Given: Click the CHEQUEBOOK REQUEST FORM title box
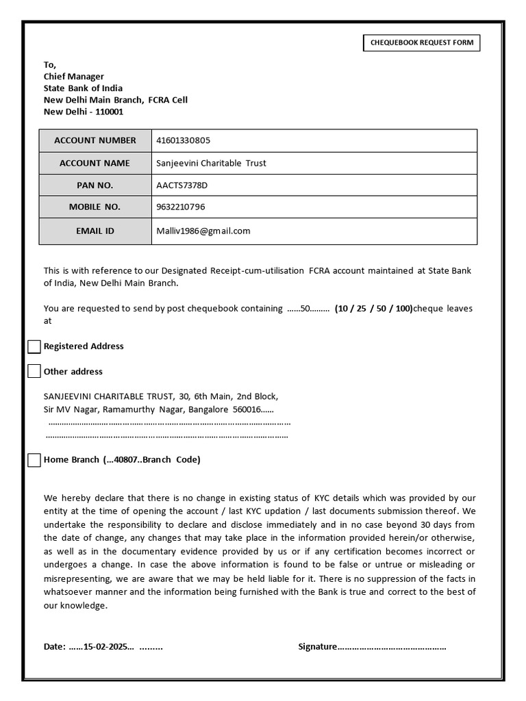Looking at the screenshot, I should point(421,43).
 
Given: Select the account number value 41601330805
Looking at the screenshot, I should point(184,140).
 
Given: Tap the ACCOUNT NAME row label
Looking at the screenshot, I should point(95,163).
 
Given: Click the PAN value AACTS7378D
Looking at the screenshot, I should point(181,186).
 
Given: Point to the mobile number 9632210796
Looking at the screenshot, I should point(181,207).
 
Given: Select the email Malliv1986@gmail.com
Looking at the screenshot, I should point(203,231).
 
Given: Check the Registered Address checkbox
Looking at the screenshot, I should point(34,346).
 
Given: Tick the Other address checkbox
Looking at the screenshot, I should point(34,372).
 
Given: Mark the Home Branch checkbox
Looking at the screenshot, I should point(34,460).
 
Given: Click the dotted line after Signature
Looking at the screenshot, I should point(392,647).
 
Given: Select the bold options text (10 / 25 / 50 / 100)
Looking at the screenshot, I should point(374,309).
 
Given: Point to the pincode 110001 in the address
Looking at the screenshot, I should point(109,112).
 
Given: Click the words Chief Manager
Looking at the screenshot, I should point(74,77).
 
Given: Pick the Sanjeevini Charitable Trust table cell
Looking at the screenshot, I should point(314,163).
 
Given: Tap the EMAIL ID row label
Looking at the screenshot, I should point(95,231).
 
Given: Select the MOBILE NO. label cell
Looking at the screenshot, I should point(95,207).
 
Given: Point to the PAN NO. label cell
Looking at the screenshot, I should point(95,186).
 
